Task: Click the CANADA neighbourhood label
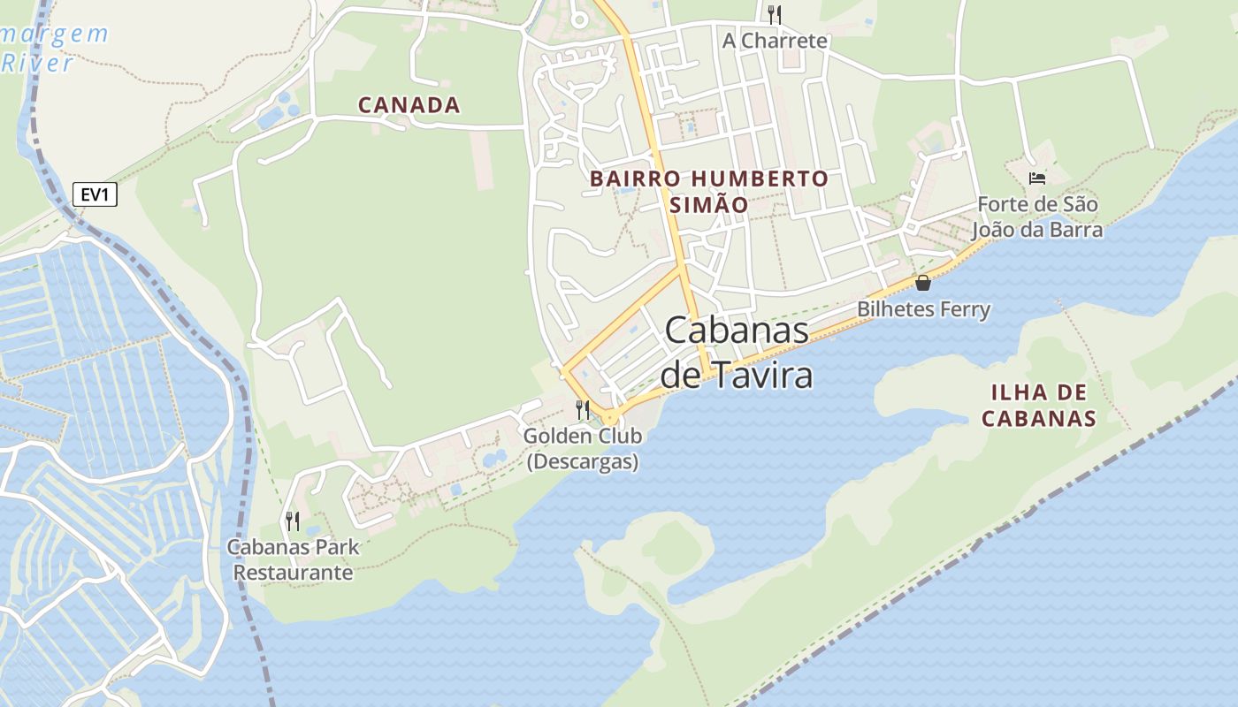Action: click(409, 105)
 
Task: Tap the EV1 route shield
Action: click(94, 194)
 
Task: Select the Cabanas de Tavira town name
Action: click(737, 353)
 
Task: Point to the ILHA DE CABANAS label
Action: click(1039, 405)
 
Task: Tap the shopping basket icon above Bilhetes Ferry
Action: click(923, 283)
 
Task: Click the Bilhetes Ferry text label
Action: click(923, 309)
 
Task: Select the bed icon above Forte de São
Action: click(1037, 179)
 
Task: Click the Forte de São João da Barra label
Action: click(1037, 217)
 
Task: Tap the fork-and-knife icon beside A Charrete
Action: click(775, 14)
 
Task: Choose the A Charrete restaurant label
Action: click(775, 41)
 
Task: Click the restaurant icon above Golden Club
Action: click(583, 409)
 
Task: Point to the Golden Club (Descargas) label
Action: click(583, 448)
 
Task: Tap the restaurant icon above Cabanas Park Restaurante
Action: click(293, 521)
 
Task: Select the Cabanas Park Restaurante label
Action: click(293, 559)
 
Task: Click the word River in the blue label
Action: click(37, 64)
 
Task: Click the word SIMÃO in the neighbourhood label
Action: click(708, 205)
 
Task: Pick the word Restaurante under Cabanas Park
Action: click(293, 573)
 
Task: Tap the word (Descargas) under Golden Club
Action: click(583, 461)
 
